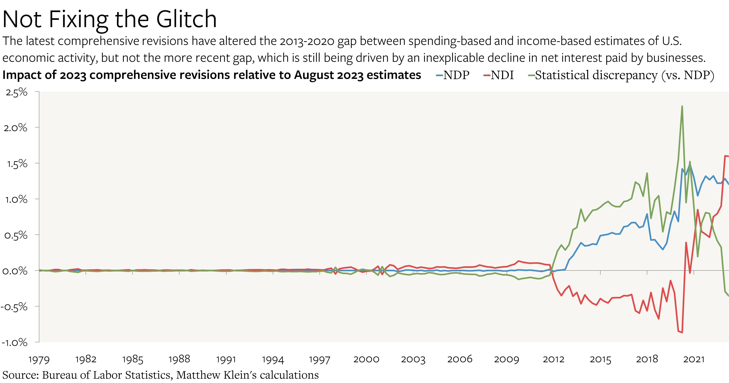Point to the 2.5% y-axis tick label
tap(16, 92)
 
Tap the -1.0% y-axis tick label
tap(15, 342)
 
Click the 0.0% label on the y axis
tap(15, 271)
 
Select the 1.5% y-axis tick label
tap(17, 164)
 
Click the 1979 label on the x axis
tap(39, 360)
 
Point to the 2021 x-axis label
tap(694, 360)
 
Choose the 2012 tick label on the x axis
tap(553, 360)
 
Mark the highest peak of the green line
tap(682, 106)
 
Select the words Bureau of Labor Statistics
tap(107, 375)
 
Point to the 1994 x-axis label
tap(273, 360)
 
